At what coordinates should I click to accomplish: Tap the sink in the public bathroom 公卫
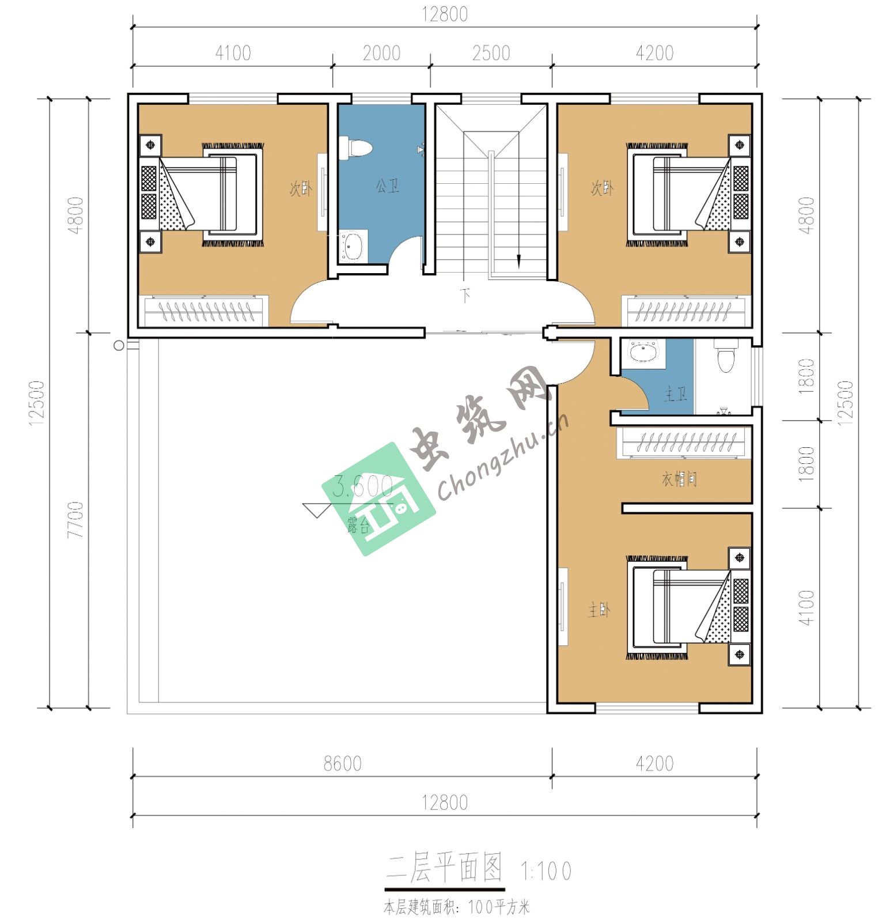(353, 247)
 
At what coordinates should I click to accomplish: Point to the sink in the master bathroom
(645, 352)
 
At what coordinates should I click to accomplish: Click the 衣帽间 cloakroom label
(679, 479)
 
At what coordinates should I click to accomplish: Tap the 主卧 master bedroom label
(599, 610)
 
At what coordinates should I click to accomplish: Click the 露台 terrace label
(359, 525)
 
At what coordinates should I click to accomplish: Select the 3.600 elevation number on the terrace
(363, 487)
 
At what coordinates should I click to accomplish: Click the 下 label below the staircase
(466, 296)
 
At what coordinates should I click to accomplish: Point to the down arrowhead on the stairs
(518, 262)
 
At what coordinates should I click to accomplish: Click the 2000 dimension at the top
(381, 53)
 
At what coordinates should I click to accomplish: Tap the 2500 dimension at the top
(491, 53)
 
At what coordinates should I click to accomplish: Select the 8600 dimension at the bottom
(342, 764)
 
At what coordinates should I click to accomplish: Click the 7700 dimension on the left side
(75, 520)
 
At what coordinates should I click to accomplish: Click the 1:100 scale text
(546, 871)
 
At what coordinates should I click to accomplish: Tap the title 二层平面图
(444, 868)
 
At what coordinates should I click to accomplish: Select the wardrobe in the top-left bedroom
(204, 311)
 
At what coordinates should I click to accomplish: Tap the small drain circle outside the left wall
(119, 346)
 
